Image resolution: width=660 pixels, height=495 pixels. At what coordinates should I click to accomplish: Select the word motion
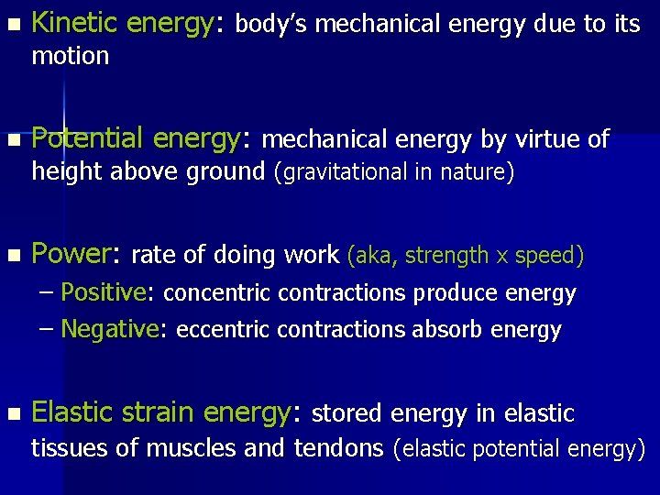[x=70, y=57]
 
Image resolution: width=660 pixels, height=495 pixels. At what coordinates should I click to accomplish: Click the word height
[x=69, y=171]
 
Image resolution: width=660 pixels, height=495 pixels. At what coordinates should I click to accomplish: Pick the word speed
[x=544, y=256]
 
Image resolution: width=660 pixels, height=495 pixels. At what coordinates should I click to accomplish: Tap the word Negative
[x=108, y=329]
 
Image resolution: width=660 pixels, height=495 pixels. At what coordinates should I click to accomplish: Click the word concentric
[x=217, y=294]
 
